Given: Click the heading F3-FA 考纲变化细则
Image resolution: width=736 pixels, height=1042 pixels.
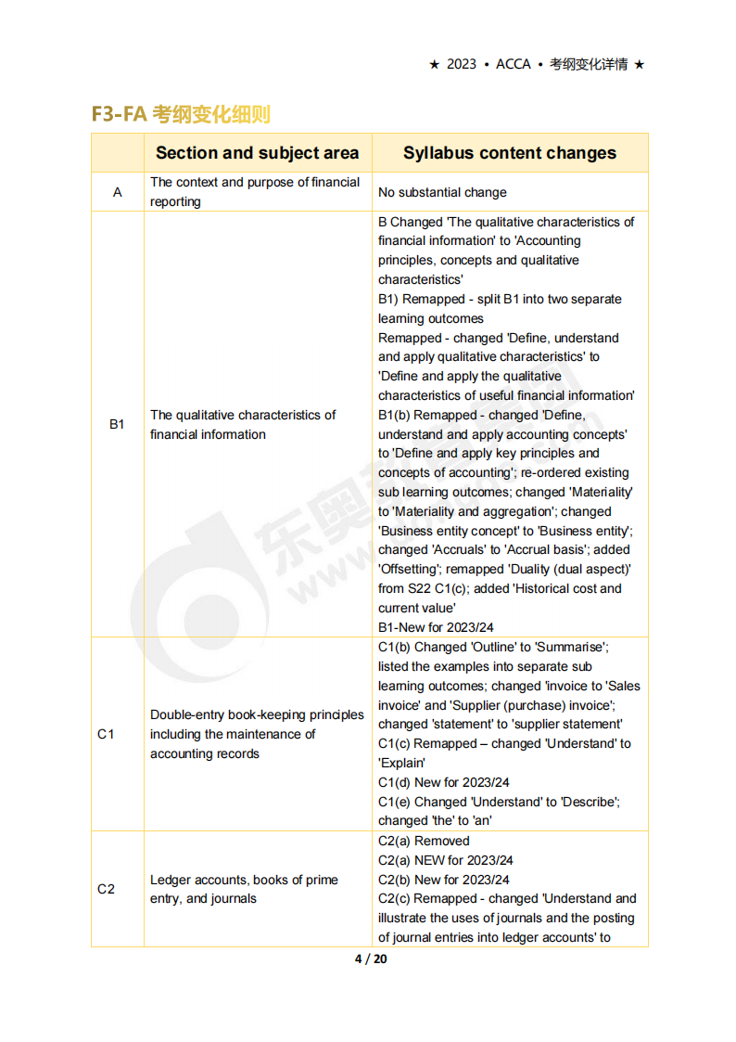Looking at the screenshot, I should pyautogui.click(x=181, y=114).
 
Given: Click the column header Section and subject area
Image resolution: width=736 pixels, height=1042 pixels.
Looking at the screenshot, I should pyautogui.click(x=257, y=153).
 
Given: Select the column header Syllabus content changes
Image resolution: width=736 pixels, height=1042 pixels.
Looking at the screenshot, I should pyautogui.click(x=509, y=153).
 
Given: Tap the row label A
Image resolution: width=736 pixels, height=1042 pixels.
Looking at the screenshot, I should pyautogui.click(x=117, y=192).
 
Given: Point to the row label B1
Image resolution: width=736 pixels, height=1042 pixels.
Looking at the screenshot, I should pyautogui.click(x=117, y=424).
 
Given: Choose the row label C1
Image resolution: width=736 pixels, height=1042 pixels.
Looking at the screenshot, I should pyautogui.click(x=106, y=734).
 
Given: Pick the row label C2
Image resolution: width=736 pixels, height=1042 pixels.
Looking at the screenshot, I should pyautogui.click(x=106, y=889).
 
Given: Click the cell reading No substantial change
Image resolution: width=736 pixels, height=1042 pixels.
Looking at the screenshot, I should pyautogui.click(x=442, y=193).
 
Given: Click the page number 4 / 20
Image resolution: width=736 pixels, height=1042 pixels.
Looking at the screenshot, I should pyautogui.click(x=371, y=958).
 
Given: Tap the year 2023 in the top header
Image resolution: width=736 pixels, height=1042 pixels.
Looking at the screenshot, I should pyautogui.click(x=461, y=64).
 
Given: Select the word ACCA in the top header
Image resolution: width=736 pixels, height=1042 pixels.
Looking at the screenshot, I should pyautogui.click(x=514, y=64).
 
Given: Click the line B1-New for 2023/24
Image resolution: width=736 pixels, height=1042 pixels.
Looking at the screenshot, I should pyautogui.click(x=443, y=627).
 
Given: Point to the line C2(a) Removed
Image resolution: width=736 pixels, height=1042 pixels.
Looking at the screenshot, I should pyautogui.click(x=424, y=841).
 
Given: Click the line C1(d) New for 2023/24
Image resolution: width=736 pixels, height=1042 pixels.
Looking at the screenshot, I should pyautogui.click(x=443, y=782).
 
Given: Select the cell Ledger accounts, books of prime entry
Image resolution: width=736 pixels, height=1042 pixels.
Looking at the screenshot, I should pyautogui.click(x=244, y=889).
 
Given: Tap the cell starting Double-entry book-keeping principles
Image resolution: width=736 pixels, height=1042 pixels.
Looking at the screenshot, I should pyautogui.click(x=257, y=734).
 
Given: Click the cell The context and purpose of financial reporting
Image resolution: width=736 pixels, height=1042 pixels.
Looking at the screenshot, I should pyautogui.click(x=255, y=192).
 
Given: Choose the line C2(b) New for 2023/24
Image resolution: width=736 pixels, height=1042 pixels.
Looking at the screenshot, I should pyautogui.click(x=443, y=880).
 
